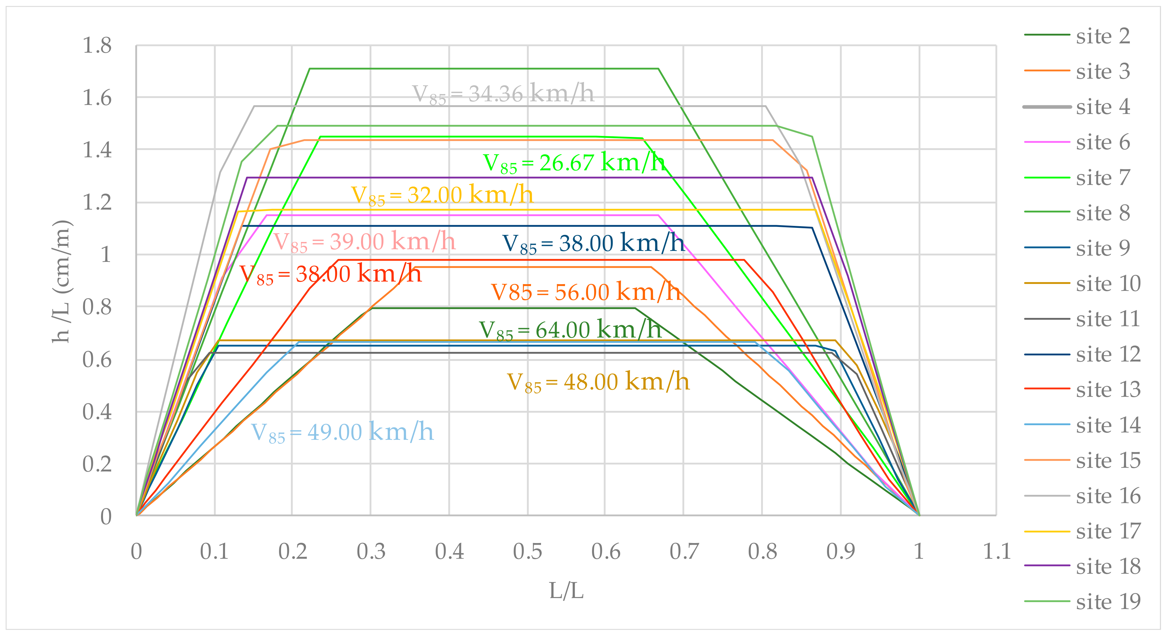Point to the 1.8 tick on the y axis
[97, 45]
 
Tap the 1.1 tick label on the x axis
[996, 551]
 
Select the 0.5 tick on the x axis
[527, 551]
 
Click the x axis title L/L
[566, 591]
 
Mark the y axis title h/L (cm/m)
[61, 281]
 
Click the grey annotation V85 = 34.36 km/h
[503, 94]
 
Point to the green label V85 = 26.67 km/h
[574, 163]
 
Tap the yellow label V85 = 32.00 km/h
[442, 195]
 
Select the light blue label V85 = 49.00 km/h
[342, 432]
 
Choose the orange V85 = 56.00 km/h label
[586, 292]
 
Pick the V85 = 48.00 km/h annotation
[598, 382]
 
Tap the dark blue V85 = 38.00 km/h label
[593, 244]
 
